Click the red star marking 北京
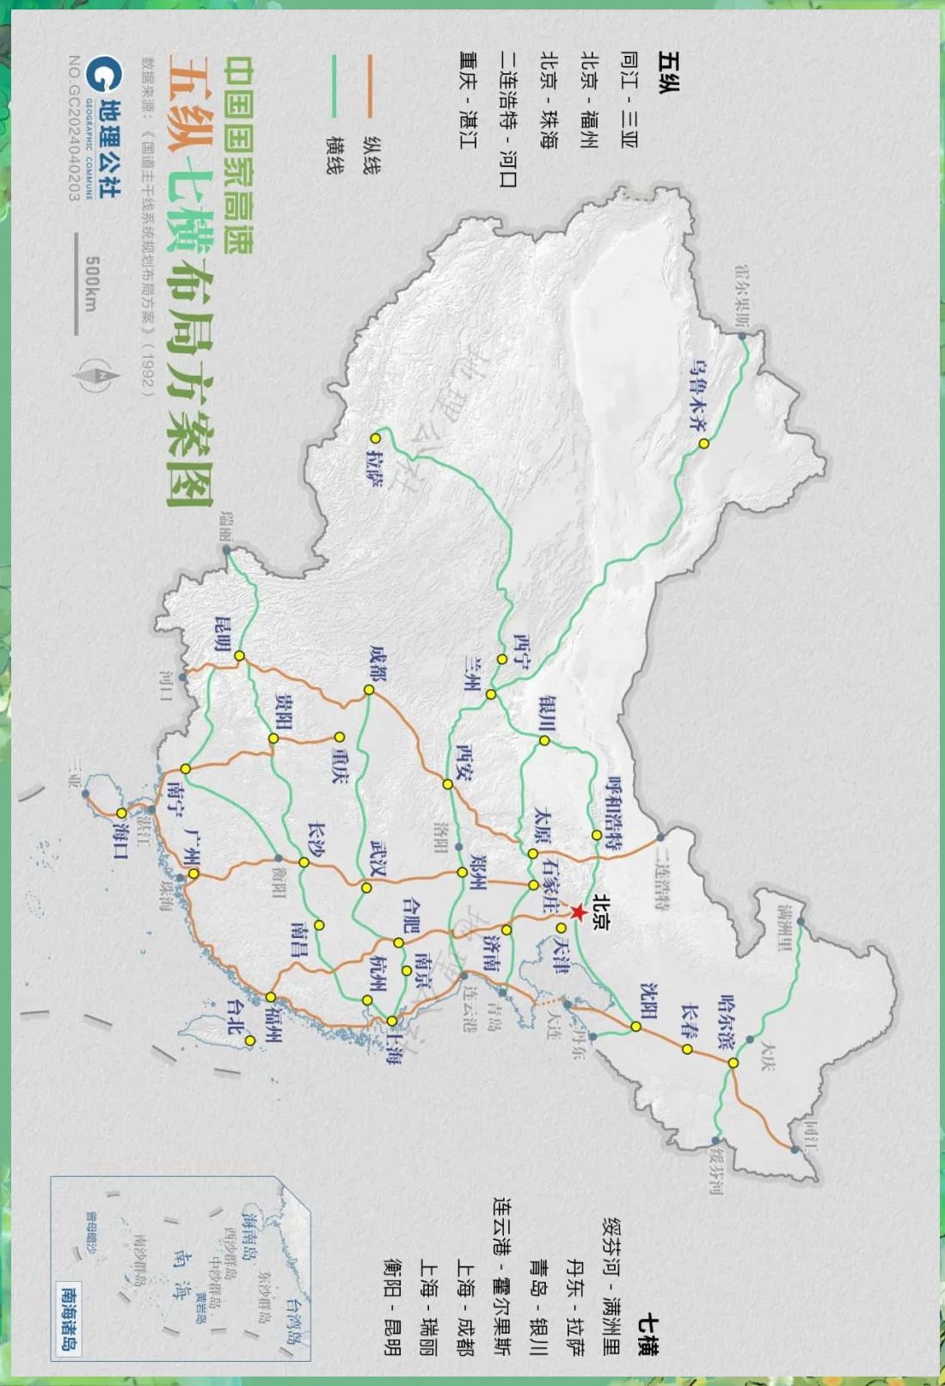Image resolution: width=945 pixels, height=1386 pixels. pos(578,911)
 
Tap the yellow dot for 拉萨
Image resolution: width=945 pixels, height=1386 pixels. pos(376,438)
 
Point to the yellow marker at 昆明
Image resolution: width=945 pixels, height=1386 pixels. pos(240,656)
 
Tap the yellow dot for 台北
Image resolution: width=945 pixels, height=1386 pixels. pos(250,1040)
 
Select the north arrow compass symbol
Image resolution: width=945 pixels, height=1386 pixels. pos(94,376)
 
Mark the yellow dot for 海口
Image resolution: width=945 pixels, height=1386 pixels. pos(122,813)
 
